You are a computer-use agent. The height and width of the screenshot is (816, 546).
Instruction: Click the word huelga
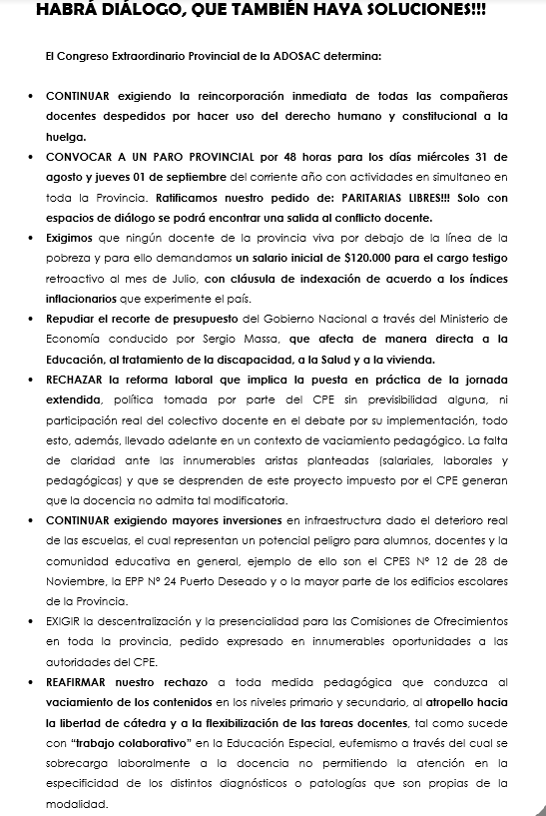coord(67,137)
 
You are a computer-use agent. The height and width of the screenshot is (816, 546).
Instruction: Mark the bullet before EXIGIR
coord(36,620)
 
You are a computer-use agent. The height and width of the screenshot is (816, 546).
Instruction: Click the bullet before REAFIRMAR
coord(36,681)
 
